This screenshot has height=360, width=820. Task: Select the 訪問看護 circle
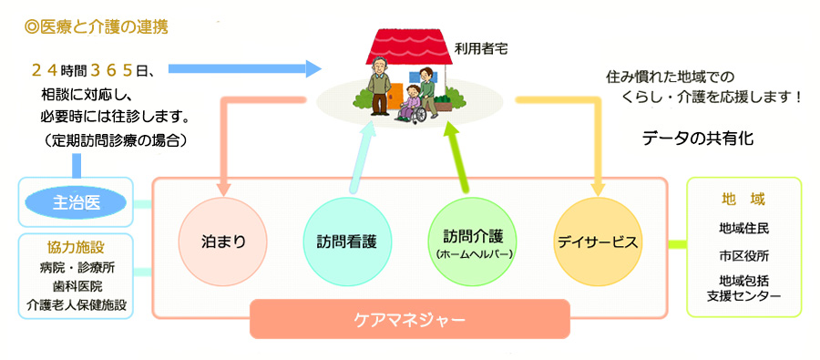click(x=347, y=242)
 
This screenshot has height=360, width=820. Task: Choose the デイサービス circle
click(x=597, y=242)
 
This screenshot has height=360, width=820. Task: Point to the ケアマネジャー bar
click(x=409, y=319)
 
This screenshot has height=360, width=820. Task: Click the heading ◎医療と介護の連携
click(x=97, y=27)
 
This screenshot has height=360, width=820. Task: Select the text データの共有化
click(x=698, y=139)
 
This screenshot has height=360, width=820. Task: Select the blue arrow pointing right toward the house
click(x=245, y=68)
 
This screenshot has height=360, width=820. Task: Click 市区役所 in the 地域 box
click(x=743, y=256)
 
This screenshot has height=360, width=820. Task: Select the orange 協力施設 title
click(x=77, y=249)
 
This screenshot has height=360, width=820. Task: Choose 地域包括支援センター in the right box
click(x=743, y=287)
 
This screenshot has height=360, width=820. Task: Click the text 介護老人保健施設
click(x=77, y=304)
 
